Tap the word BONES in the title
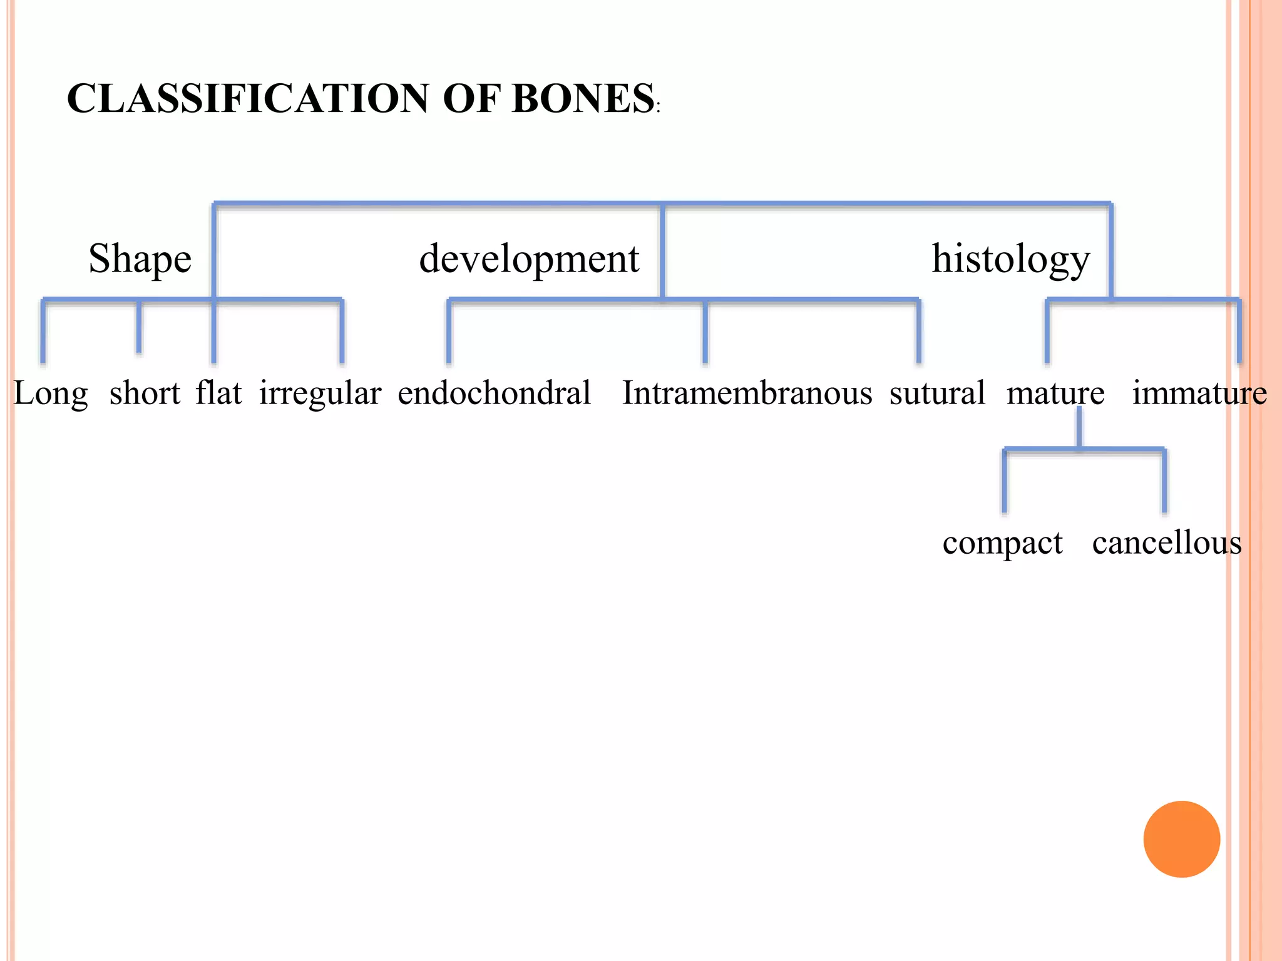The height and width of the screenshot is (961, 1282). pyautogui.click(x=583, y=99)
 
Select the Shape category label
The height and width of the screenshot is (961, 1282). pyautogui.click(x=140, y=259)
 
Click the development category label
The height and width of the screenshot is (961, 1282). pyautogui.click(x=529, y=259)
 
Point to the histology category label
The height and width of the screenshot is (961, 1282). pyautogui.click(x=1010, y=259)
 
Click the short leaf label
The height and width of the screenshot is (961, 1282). pyautogui.click(x=145, y=394)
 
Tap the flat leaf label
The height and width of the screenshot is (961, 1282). pyautogui.click(x=218, y=393)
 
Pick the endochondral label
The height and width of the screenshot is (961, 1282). pyautogui.click(x=494, y=393)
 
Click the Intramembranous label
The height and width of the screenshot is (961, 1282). pyautogui.click(x=747, y=393)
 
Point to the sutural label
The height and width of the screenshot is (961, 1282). pyautogui.click(x=937, y=393)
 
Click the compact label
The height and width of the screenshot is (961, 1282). pyautogui.click(x=1002, y=543)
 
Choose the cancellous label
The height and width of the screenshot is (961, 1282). pyautogui.click(x=1167, y=542)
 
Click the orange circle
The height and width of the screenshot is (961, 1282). pyautogui.click(x=1181, y=839)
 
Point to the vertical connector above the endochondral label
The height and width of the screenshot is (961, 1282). pyautogui.click(x=449, y=332)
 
